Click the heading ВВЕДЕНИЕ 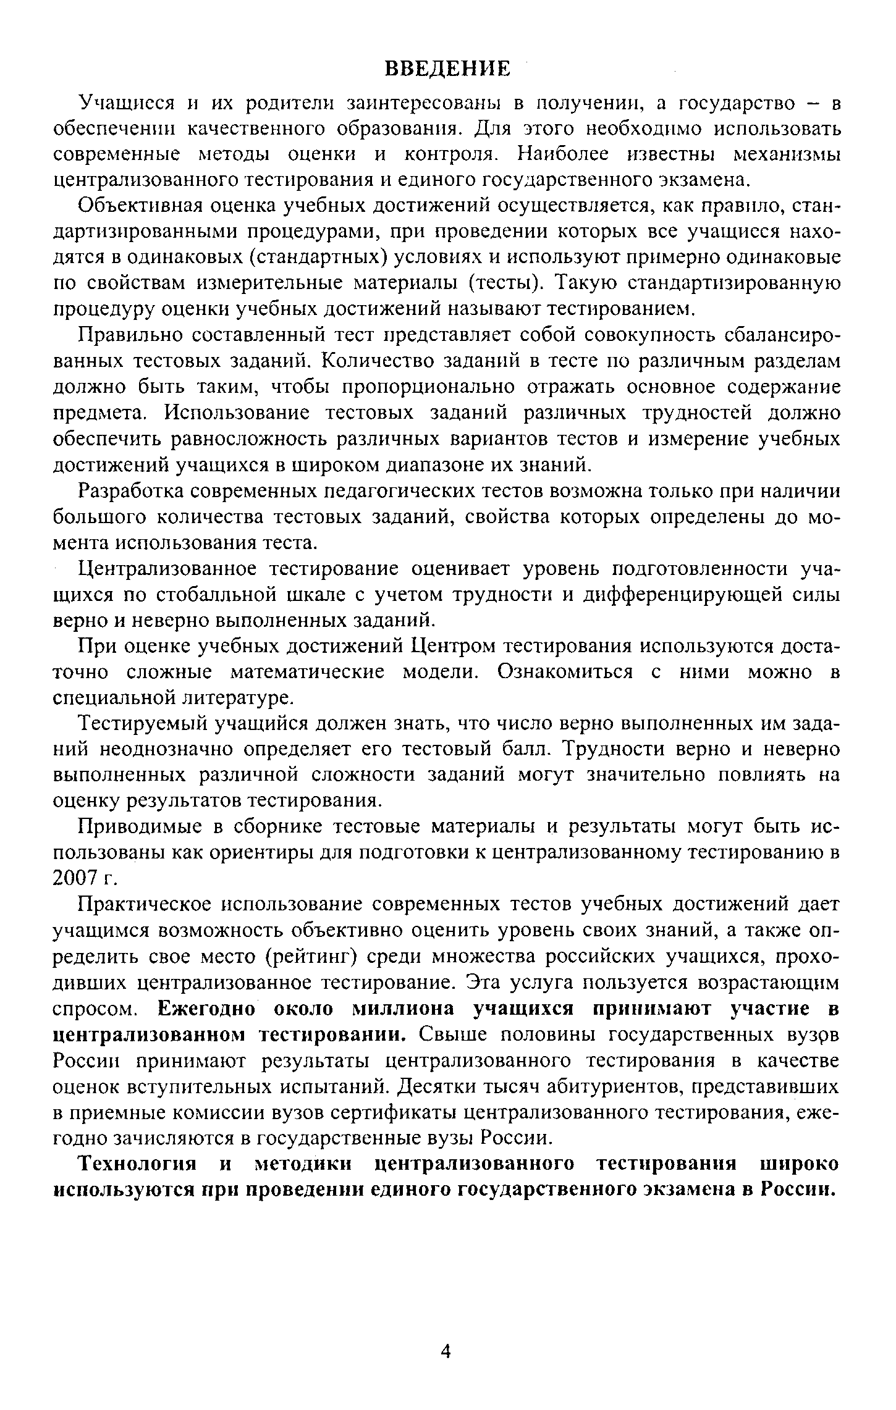tap(448, 69)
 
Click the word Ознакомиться tap(565, 672)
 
